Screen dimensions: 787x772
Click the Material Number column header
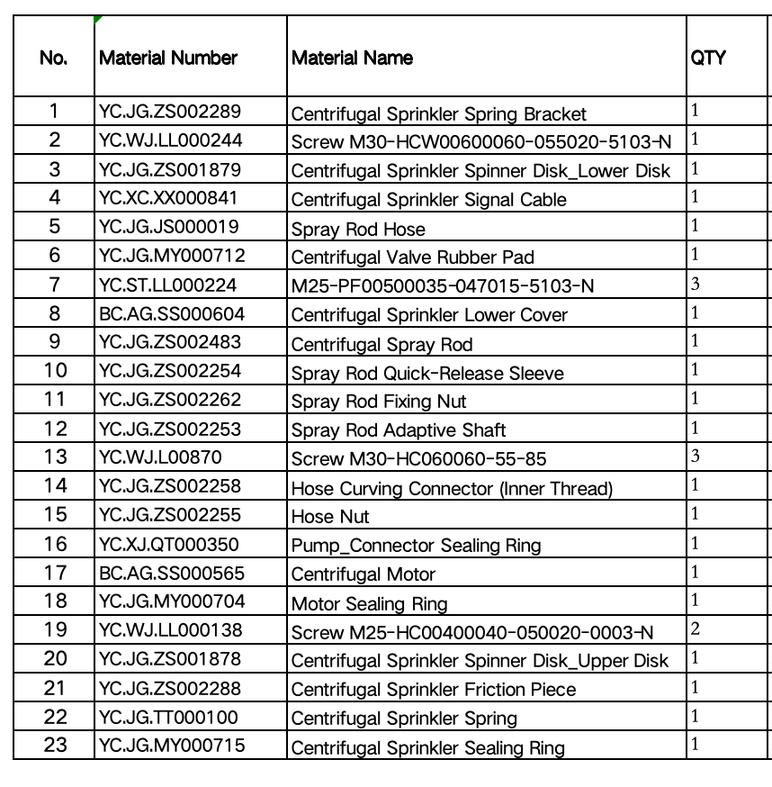[168, 59]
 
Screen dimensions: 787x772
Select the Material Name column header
[352, 59]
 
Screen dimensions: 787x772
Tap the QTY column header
[708, 59]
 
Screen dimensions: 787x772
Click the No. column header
[54, 59]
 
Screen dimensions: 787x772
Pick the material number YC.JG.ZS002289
[170, 112]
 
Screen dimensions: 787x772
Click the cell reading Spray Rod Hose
[358, 229]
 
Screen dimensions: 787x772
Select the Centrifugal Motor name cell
[363, 574]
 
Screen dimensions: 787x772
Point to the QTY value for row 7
[696, 285]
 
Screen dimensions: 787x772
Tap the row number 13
[55, 457]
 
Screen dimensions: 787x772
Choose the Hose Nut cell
[330, 517]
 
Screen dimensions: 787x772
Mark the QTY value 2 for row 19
[696, 629]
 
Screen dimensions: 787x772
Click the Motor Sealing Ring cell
[369, 603]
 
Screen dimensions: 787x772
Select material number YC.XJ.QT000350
[171, 544]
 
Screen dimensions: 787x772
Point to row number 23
[55, 746]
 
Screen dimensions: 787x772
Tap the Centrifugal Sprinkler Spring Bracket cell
[438, 114]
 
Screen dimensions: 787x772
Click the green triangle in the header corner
[97, 19]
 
